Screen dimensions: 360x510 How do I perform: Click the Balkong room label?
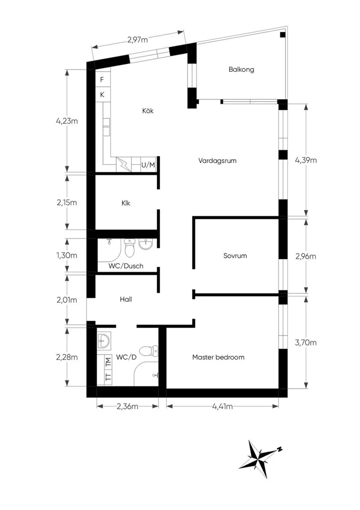[241, 69]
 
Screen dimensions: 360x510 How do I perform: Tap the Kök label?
[148, 111]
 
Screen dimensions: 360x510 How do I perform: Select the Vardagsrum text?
[217, 161]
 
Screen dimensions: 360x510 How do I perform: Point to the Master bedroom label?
[218, 357]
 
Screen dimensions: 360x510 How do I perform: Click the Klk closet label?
[126, 203]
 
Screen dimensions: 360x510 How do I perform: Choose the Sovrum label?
[235, 255]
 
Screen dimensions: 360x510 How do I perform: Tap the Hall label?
[126, 299]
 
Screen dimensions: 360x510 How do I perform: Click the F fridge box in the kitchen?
[103, 80]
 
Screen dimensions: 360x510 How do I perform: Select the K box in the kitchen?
[103, 95]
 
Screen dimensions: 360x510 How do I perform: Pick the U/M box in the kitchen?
[148, 165]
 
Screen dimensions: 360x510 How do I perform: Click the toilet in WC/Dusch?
[129, 247]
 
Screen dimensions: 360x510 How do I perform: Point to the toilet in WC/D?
[148, 351]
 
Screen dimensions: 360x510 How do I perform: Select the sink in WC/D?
[104, 341]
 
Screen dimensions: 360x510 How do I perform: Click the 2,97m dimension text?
[137, 40]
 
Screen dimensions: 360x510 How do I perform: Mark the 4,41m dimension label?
[223, 406]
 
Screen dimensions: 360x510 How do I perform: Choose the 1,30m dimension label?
[67, 255]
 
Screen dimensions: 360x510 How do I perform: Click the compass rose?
[259, 459]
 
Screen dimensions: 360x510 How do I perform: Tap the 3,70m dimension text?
[306, 343]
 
